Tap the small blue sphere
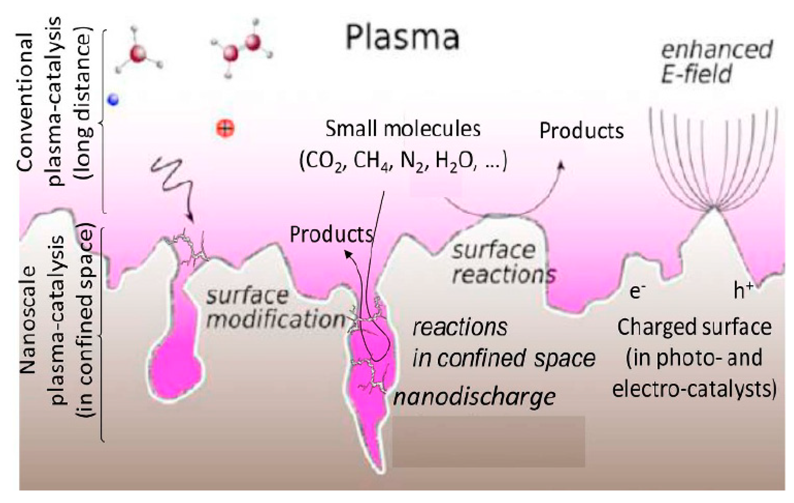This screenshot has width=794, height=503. [113, 99]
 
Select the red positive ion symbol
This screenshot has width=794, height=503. [225, 128]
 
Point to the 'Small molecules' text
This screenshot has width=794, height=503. [403, 129]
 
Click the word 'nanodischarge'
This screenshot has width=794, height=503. [474, 397]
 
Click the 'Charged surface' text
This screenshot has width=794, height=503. [694, 328]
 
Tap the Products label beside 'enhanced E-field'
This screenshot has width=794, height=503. [581, 131]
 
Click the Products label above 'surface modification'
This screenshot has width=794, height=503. [331, 234]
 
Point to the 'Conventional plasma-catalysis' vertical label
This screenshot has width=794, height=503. [39, 102]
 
